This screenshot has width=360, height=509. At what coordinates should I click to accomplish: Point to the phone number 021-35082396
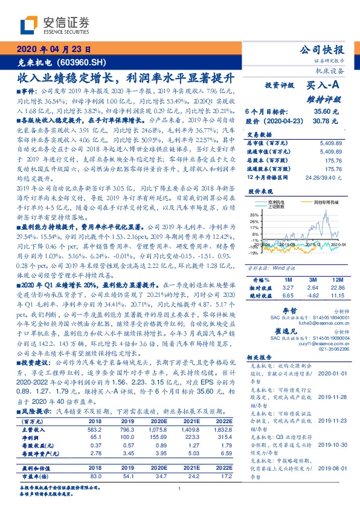[x=327, y=349]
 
